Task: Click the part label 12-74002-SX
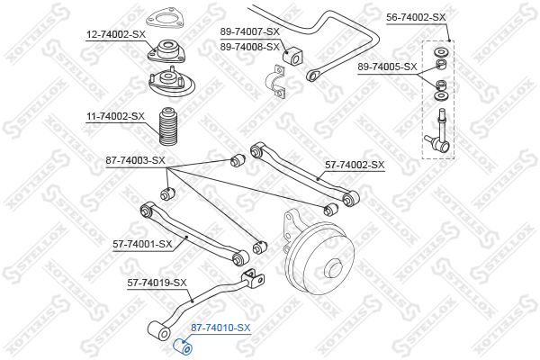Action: [x=116, y=34]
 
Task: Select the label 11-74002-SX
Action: [x=115, y=116]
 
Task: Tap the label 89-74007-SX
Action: [x=250, y=31]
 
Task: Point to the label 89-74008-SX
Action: [x=250, y=47]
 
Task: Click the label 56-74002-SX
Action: [x=416, y=17]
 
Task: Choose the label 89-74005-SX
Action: [x=387, y=67]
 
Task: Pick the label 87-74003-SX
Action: [x=135, y=160]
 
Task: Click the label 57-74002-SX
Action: [x=355, y=165]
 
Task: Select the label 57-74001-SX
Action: [x=142, y=244]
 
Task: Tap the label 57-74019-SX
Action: [x=157, y=283]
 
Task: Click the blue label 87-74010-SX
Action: [x=220, y=328]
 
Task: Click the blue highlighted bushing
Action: [x=182, y=346]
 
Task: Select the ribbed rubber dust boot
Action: [x=168, y=126]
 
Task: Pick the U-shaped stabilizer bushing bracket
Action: [x=275, y=81]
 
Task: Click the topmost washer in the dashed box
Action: [x=440, y=52]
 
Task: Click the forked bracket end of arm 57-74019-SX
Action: [x=253, y=279]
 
